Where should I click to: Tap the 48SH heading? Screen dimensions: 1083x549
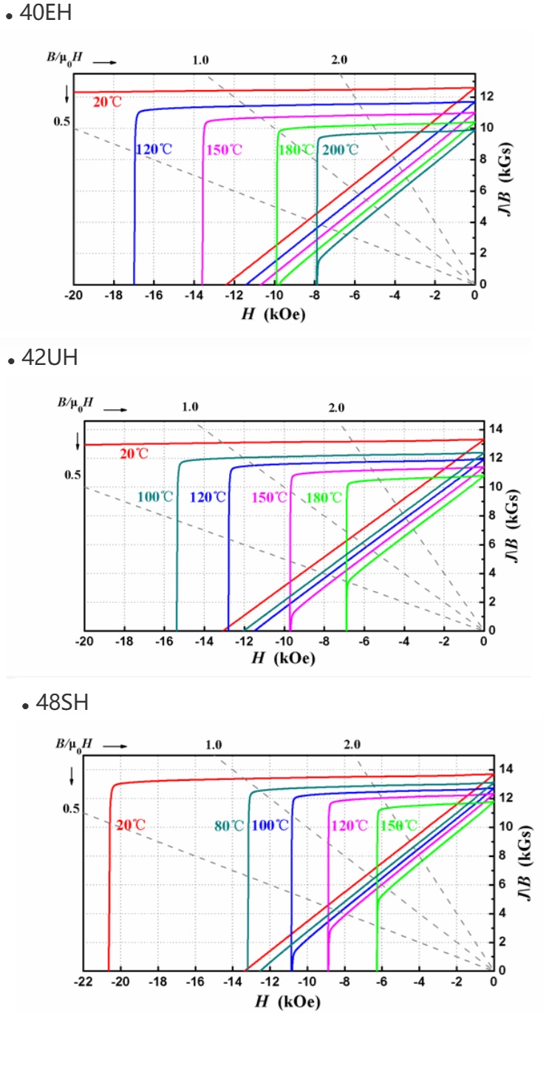coord(62,703)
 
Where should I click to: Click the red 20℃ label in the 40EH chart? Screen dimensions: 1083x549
coord(107,102)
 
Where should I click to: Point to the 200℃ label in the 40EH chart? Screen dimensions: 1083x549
coord(341,150)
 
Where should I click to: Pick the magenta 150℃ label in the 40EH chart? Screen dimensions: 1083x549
coord(225,150)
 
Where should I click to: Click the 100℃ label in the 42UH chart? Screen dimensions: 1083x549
coord(155,496)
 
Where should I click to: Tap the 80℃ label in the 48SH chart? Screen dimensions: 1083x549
coord(230,825)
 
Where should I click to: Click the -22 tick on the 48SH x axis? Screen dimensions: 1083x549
coord(83,982)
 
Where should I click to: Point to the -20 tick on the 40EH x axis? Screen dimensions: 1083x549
coord(73,295)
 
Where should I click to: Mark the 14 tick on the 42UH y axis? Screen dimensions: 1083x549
coord(494,428)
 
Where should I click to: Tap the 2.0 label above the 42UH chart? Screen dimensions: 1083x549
coord(337,408)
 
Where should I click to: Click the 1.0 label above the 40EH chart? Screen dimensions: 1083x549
coord(201,60)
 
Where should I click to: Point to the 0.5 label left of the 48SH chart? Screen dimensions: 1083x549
coord(71,808)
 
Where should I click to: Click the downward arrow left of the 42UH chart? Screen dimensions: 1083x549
coord(78,442)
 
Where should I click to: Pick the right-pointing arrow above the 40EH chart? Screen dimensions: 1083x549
coord(105,63)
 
